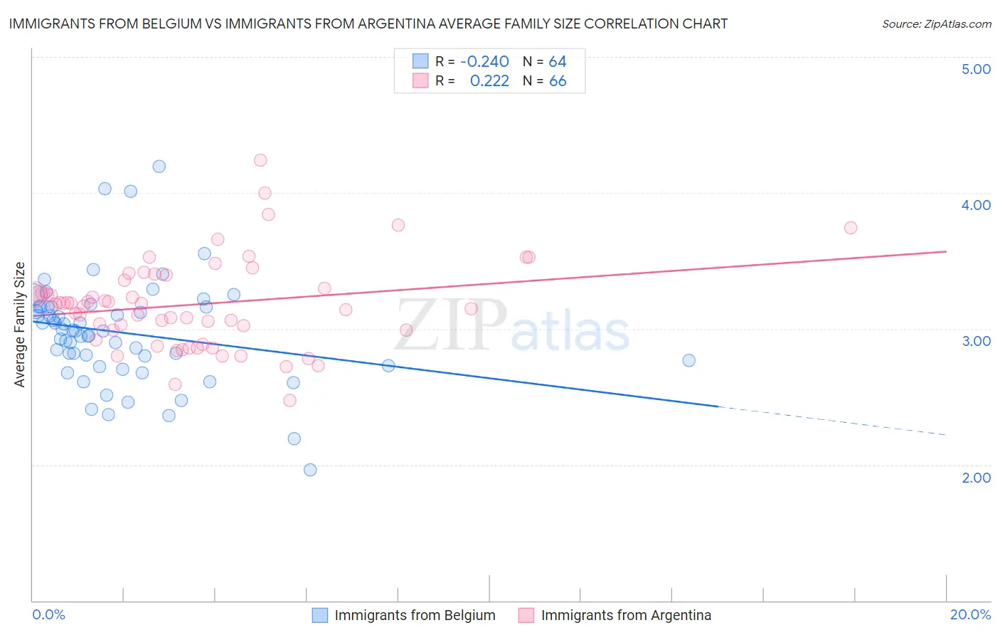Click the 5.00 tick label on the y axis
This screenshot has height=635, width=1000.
tap(976, 69)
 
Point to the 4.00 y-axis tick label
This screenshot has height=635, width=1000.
tap(976, 205)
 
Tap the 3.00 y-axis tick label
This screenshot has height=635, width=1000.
tap(976, 341)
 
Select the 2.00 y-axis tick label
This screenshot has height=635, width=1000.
tap(976, 478)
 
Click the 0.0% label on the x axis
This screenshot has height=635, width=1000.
tap(48, 614)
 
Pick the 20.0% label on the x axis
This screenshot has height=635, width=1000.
tap(970, 614)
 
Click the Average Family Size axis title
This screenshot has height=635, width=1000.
tap(20, 325)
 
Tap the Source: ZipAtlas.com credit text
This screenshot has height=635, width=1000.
tap(936, 23)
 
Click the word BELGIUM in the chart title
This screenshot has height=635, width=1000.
tap(164, 23)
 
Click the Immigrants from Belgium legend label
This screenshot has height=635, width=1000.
tap(415, 615)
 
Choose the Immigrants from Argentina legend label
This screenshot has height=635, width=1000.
tap(626, 615)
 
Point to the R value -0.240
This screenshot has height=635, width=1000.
tap(484, 62)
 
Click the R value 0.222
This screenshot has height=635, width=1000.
tap(489, 81)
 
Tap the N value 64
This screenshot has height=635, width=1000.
tap(558, 62)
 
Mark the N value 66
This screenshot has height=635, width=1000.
tap(558, 81)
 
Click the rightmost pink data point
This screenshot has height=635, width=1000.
tap(851, 228)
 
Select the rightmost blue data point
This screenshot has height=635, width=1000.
tap(688, 360)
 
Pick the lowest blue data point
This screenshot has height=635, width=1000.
tap(310, 470)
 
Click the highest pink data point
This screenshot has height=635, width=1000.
tap(260, 160)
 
